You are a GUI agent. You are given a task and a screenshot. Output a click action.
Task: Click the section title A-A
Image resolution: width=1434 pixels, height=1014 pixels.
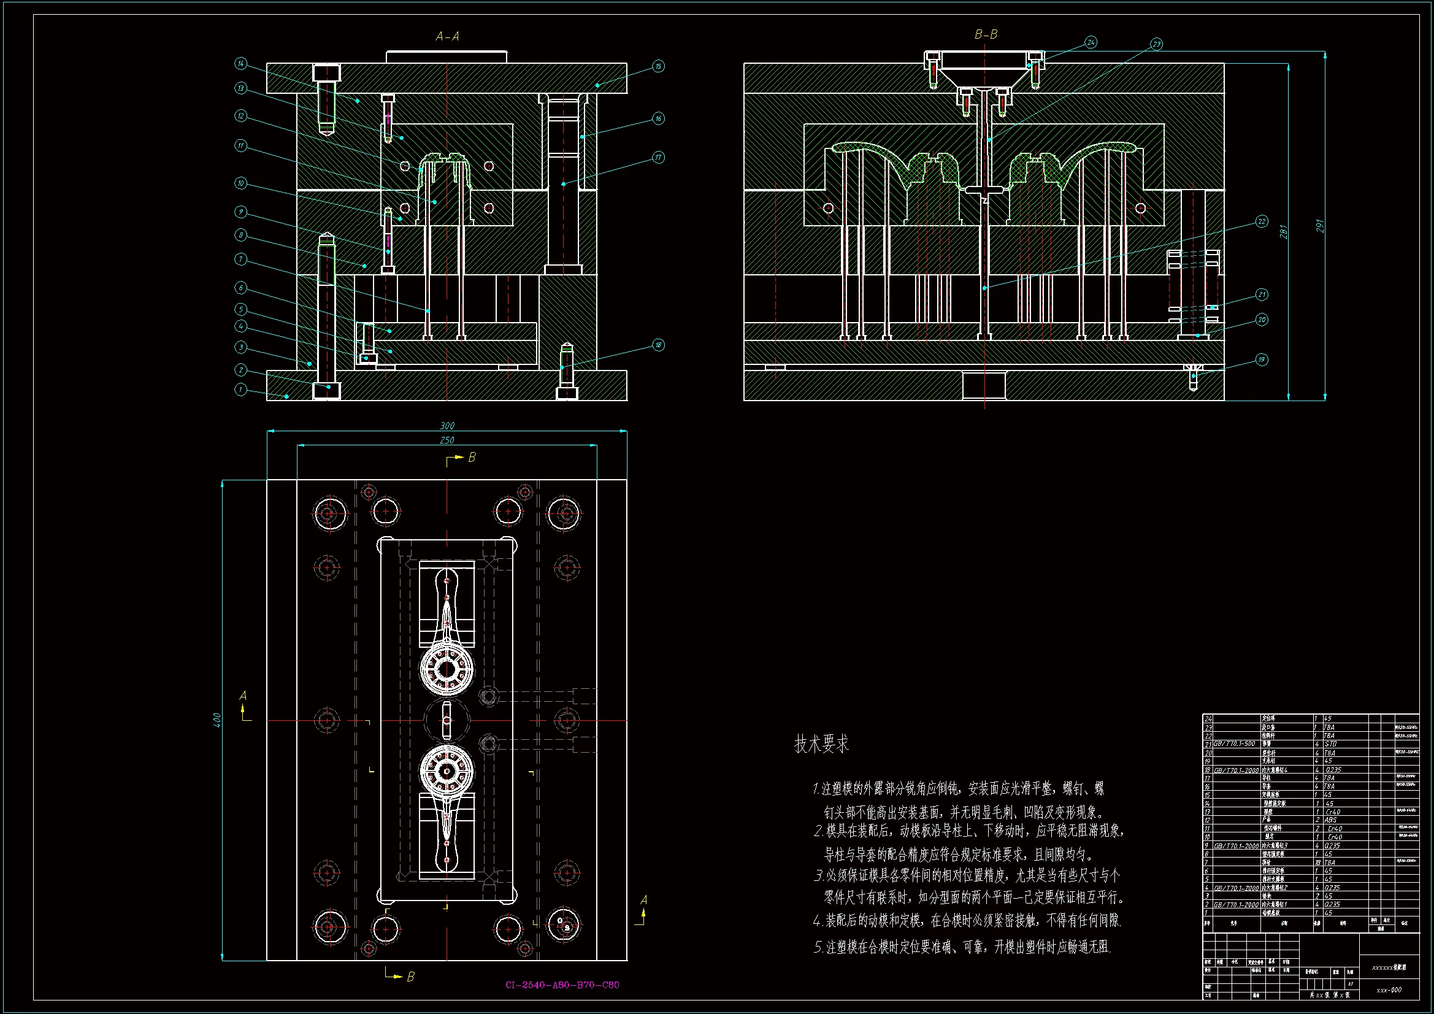447,37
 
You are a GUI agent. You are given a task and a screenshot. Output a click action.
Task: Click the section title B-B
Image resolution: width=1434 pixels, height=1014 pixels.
986,35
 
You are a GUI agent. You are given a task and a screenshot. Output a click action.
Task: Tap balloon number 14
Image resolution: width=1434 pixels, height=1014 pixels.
241,64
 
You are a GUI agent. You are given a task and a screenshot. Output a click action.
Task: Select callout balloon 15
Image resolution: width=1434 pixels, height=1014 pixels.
658,66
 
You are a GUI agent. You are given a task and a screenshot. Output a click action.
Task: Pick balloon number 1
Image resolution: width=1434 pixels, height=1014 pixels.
241,390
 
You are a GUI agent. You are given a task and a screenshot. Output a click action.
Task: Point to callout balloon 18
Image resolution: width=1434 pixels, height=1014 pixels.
658,345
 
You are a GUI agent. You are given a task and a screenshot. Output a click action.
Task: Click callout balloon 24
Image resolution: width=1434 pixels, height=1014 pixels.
1091,42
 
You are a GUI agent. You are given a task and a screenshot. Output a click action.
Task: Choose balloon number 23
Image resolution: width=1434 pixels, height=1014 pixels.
1157,44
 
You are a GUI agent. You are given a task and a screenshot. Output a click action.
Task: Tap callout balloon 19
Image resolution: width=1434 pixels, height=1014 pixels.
1262,360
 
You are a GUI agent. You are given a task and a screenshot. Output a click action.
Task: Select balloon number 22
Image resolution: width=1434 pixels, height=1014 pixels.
1262,222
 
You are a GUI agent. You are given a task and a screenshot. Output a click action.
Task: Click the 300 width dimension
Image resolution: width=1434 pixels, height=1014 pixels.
447,426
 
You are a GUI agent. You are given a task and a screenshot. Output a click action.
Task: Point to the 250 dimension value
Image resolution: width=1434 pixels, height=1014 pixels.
447,440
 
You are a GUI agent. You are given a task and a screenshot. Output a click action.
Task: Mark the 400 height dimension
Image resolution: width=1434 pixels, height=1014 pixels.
217,720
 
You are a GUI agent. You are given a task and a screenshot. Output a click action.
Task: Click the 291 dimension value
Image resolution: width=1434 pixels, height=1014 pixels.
1320,226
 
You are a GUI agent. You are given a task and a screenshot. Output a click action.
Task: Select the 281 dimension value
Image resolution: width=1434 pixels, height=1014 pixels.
1284,232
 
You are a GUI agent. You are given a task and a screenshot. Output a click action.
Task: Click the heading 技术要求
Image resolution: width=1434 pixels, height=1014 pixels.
821,744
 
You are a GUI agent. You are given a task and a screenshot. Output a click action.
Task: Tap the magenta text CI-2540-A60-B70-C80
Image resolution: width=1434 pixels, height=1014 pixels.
562,985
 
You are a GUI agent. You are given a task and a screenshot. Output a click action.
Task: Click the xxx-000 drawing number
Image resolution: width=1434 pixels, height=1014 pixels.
1389,990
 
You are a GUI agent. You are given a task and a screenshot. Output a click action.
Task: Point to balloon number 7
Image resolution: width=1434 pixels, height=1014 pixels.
241,259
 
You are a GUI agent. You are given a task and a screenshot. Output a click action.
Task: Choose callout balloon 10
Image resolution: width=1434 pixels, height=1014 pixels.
241,183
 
